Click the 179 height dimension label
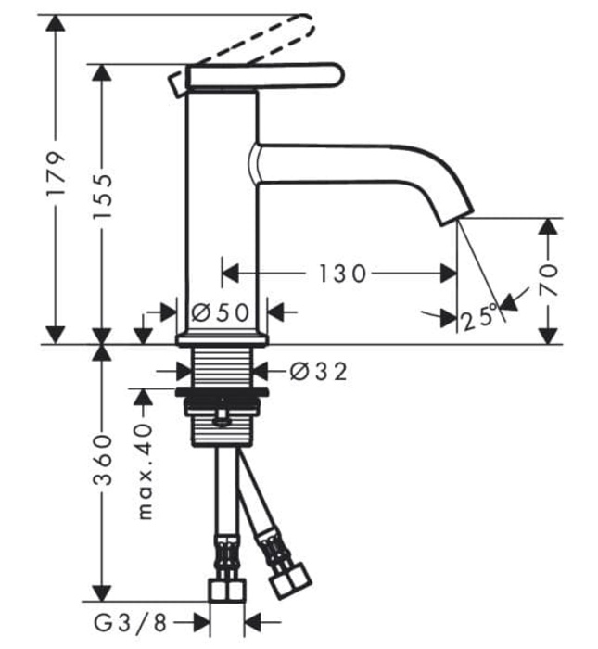[57, 176]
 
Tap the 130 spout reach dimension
[342, 274]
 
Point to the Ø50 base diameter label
[222, 312]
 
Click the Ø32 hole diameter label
[318, 372]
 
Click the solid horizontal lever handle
[264, 76]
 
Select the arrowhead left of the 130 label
[230, 274]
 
